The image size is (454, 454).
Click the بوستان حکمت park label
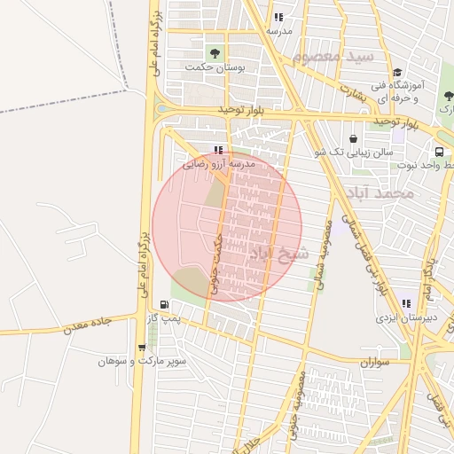pos(214,67)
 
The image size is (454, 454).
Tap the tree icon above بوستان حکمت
pos(214,51)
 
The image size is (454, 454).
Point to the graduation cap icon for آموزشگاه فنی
pos(396,73)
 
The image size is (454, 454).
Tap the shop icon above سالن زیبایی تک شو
pos(354,138)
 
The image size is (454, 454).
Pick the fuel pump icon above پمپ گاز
pos(164,304)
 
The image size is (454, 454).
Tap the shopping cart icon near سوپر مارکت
pos(141,347)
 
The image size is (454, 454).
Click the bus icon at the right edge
pos(440,152)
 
